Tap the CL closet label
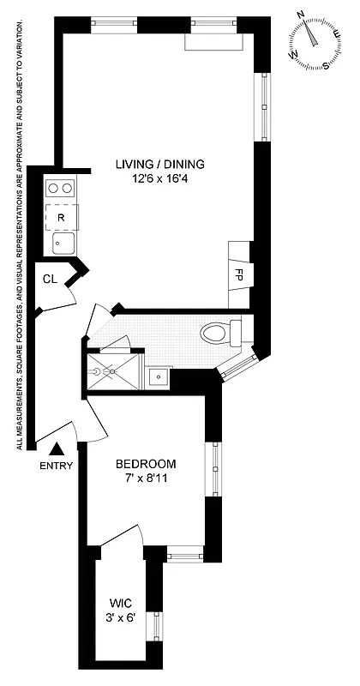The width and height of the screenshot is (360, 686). click(51, 280)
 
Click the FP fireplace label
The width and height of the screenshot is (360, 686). click(239, 275)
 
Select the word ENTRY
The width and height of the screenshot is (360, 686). click(56, 466)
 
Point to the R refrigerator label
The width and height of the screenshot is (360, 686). click(60, 218)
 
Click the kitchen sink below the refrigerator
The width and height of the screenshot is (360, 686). click(61, 244)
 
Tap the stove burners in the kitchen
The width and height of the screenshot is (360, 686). click(60, 187)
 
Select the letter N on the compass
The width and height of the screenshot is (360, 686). click(301, 15)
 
